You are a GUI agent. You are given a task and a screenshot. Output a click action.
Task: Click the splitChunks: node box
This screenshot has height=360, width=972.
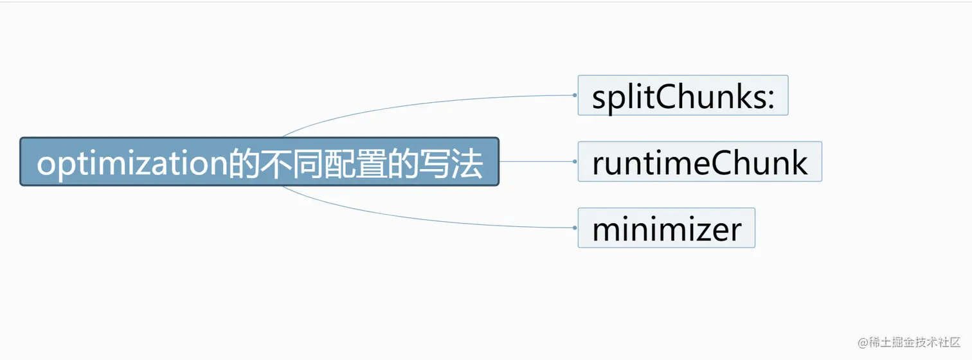683,95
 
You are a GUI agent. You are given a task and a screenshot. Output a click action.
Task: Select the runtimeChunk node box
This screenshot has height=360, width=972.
700,161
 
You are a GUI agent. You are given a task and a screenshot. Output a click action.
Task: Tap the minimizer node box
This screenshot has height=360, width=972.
667,228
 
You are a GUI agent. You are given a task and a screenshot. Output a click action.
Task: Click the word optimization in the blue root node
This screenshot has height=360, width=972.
132,164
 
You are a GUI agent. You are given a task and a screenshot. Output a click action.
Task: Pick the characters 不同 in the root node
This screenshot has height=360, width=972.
292,163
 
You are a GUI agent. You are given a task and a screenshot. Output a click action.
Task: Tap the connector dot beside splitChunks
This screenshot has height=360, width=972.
575,95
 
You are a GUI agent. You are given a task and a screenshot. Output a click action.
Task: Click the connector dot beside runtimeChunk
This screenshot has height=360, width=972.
575,161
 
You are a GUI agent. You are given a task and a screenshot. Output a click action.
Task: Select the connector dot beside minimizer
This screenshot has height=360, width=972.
575,228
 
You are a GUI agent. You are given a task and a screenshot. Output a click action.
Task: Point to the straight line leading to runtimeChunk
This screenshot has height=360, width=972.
536,161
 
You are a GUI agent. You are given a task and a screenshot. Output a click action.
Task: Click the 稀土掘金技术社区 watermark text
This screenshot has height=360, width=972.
915,342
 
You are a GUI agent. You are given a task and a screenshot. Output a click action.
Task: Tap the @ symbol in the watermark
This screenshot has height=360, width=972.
863,343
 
